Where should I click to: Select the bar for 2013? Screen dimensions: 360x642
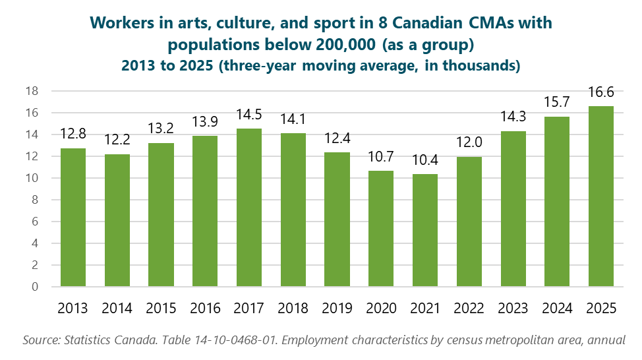(73, 218)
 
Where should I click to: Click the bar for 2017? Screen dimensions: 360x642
(249, 208)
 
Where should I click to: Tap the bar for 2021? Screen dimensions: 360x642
(425, 230)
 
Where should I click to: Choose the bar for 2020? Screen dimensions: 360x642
(381, 229)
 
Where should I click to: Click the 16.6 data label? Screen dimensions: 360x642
(601, 93)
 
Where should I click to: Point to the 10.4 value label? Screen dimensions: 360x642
(425, 161)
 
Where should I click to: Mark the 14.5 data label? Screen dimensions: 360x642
(249, 115)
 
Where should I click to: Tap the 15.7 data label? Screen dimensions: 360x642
(557, 103)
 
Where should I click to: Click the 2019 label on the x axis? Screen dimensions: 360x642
(337, 309)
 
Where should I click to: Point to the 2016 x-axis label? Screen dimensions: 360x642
(205, 309)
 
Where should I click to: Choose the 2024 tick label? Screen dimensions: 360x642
(557, 309)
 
